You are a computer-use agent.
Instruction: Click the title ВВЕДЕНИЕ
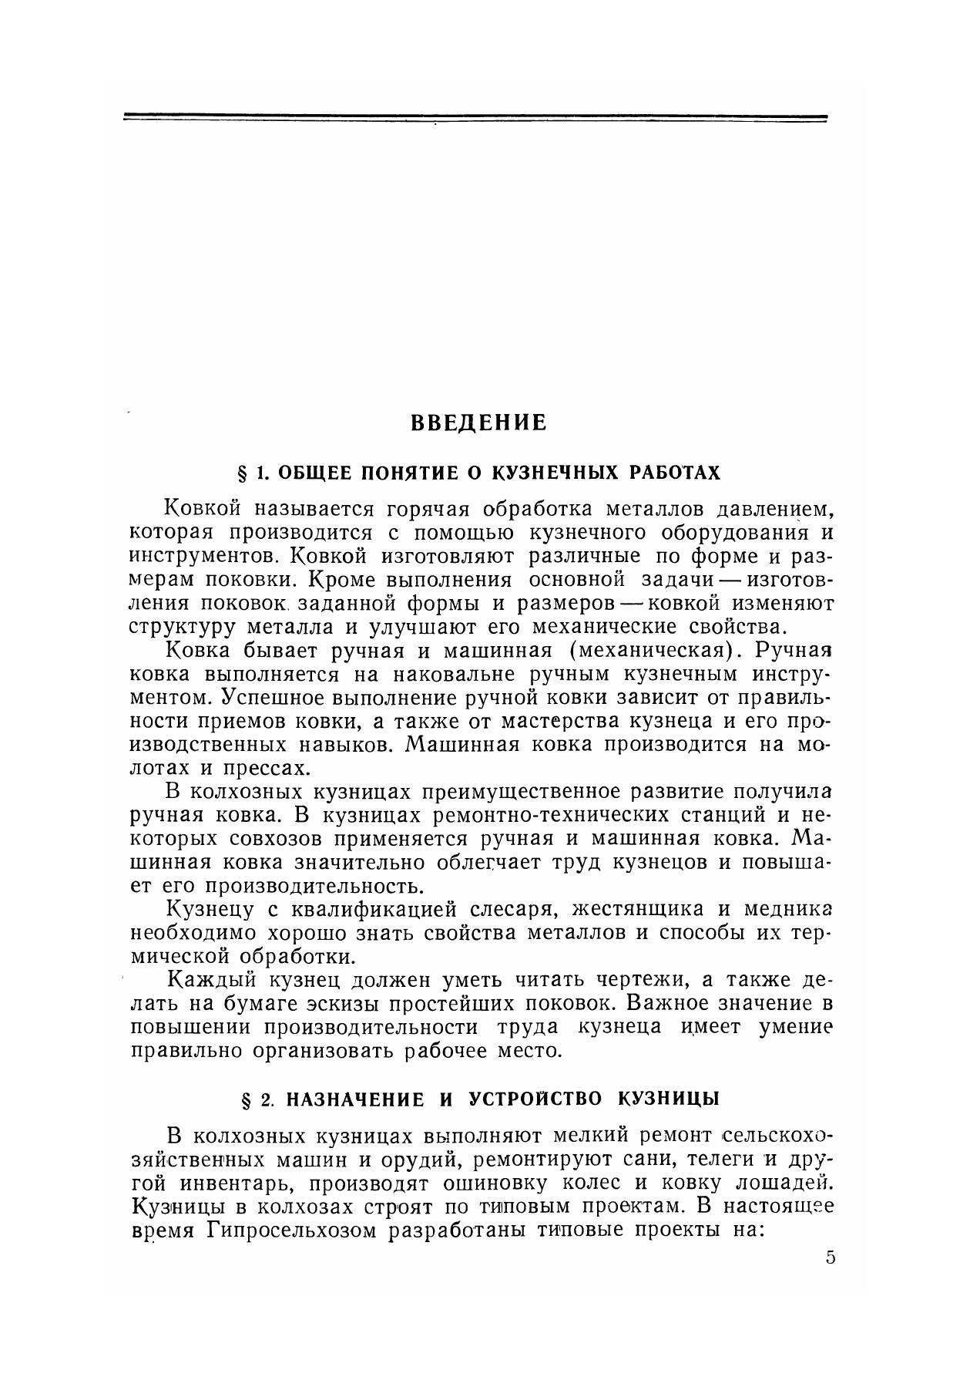pos(478,423)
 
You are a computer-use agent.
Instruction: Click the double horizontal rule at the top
pos(475,118)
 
